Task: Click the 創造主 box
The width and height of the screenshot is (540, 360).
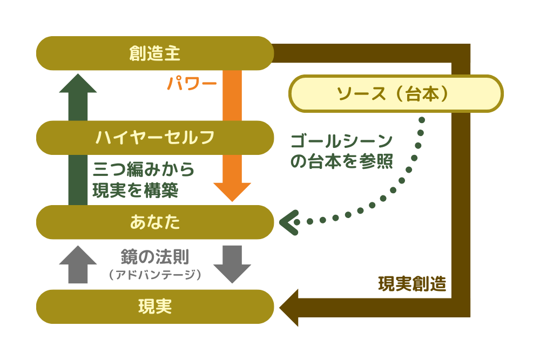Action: click(x=155, y=53)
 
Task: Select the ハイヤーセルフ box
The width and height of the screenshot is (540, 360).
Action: click(x=155, y=138)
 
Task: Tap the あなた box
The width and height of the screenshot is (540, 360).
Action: click(x=155, y=222)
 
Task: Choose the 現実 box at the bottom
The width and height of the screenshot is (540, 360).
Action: click(x=155, y=307)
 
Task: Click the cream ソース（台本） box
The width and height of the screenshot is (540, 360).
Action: click(x=396, y=93)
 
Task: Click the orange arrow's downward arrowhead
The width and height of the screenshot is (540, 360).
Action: click(x=232, y=191)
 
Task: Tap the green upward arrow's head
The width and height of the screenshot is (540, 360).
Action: click(x=78, y=84)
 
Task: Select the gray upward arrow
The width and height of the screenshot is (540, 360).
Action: click(x=78, y=264)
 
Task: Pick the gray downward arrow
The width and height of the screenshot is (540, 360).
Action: click(x=232, y=264)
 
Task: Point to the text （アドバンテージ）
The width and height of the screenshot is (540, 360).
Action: click(x=155, y=275)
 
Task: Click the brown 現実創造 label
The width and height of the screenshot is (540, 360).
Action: click(x=412, y=284)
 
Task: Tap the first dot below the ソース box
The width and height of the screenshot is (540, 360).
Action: click(x=422, y=120)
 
